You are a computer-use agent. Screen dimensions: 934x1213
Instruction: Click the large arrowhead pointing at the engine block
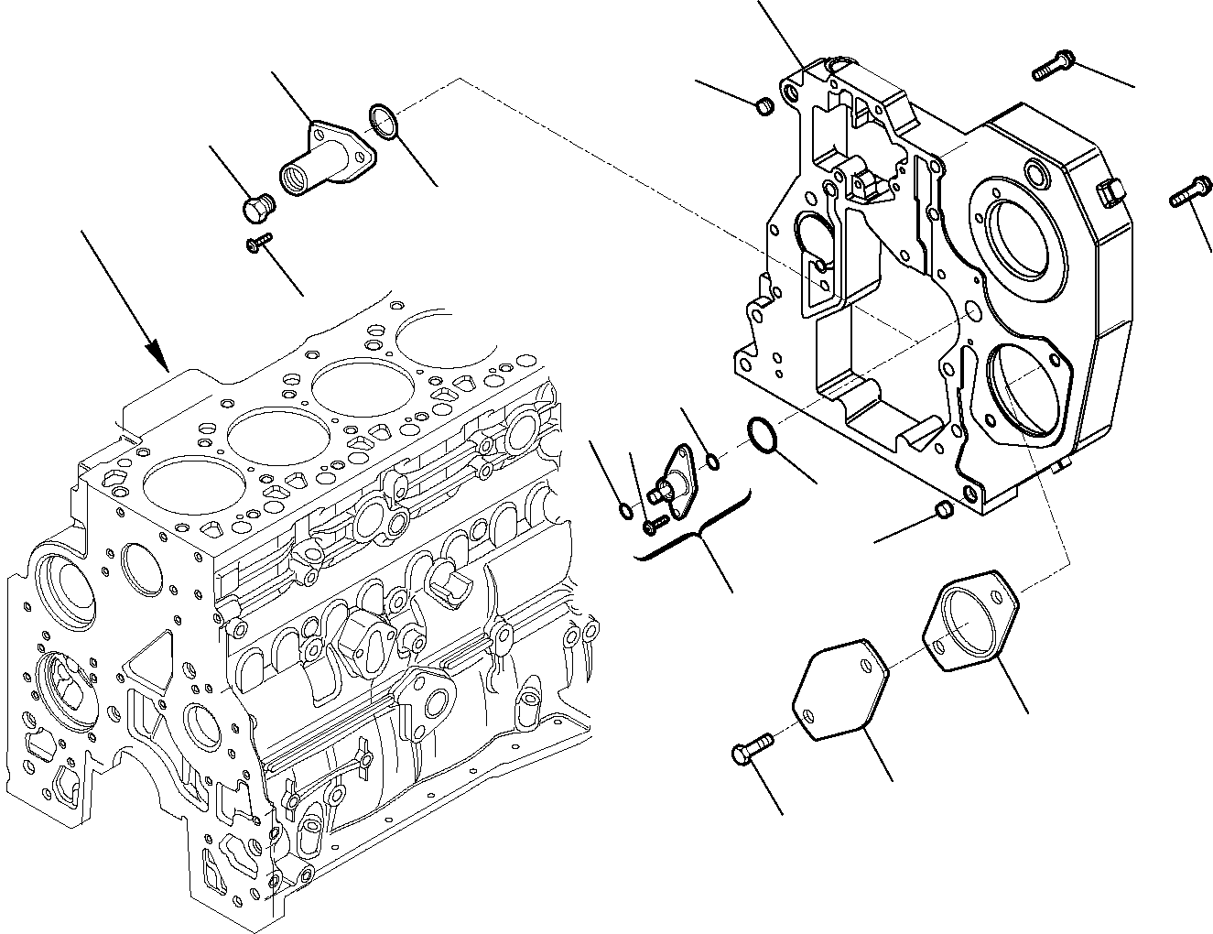coord(157,355)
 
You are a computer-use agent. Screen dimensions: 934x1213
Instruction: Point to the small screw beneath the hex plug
coord(259,241)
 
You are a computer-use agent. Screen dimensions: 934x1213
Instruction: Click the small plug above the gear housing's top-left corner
coord(765,107)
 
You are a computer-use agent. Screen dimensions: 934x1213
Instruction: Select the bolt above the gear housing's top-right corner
coord(1054,65)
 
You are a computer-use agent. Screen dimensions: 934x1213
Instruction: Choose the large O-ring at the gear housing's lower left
coord(762,434)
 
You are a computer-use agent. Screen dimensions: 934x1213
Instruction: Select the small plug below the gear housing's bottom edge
coord(943,509)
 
